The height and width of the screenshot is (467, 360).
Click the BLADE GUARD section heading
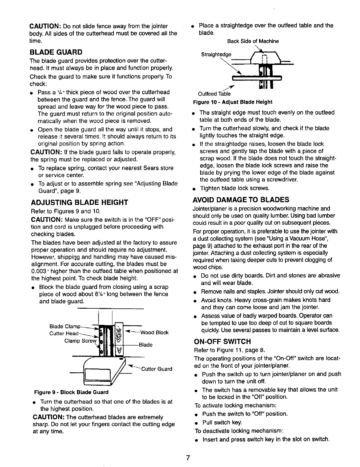pyautogui.click(x=56, y=52)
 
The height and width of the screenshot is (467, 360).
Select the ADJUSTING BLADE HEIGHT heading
pyautogui.click(x=79, y=202)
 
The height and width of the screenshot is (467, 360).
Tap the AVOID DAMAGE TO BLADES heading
pyautogui.click(x=240, y=200)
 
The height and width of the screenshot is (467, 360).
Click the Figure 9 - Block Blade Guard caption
pyautogui.click(x=71, y=392)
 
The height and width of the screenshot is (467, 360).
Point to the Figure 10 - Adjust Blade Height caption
pyautogui.click(x=233, y=102)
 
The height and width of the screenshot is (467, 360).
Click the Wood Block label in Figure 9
pyautogui.click(x=154, y=333)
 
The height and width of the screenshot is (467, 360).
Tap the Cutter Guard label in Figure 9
pyautogui.click(x=157, y=369)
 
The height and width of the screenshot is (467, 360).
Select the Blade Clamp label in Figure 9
pyautogui.click(x=65, y=326)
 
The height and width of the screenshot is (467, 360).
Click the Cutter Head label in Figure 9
pyautogui.click(x=64, y=333)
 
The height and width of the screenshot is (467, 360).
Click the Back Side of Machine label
pyautogui.click(x=253, y=41)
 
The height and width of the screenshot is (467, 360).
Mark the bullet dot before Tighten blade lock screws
pyautogui.click(x=192, y=189)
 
